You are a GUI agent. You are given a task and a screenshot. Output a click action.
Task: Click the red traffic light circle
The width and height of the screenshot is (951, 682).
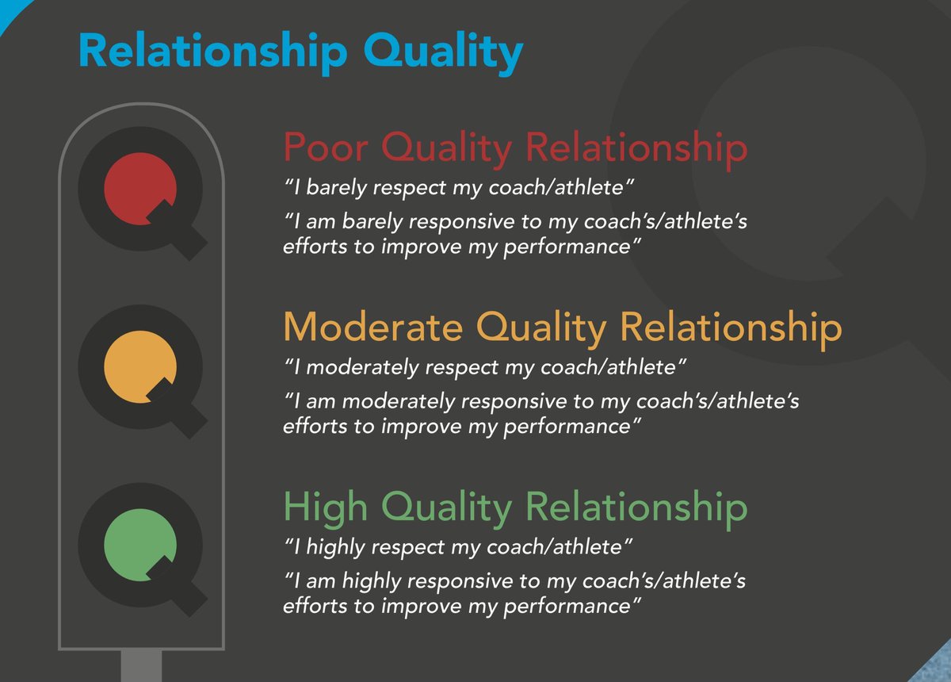139,187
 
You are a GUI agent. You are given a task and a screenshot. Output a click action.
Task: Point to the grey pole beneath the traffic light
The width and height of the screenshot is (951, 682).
141,666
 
